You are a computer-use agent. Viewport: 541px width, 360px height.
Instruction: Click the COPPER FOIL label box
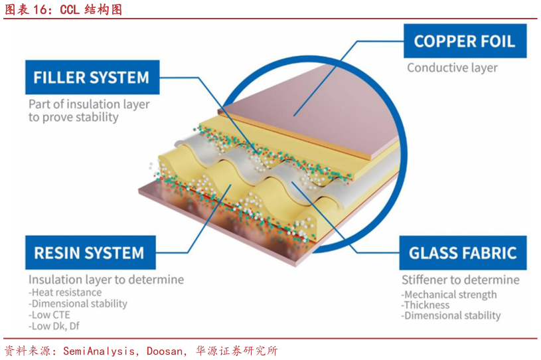tap(464, 41)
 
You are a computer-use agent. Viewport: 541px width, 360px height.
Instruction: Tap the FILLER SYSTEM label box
tap(92, 78)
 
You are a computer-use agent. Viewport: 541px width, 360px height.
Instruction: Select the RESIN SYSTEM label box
tap(89, 253)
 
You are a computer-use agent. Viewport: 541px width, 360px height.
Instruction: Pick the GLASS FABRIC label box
tap(462, 253)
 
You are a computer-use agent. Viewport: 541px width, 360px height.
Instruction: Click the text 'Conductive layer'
tap(452, 68)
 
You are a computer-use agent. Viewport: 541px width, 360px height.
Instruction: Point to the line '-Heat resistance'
tap(65, 292)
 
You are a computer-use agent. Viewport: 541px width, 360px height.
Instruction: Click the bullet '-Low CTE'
tap(49, 315)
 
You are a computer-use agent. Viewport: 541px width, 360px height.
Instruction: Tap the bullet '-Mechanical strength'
tap(449, 294)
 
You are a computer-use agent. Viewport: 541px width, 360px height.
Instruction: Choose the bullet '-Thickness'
tap(425, 305)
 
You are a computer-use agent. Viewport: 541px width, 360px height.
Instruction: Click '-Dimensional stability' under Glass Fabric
tap(451, 316)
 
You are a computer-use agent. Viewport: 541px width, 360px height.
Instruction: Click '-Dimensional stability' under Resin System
tap(78, 304)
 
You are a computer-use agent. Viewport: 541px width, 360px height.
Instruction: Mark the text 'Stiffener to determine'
tap(460, 280)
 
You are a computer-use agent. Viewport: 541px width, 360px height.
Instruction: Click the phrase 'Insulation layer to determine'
tap(106, 280)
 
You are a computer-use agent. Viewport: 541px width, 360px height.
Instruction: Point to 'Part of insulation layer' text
tap(89, 104)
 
